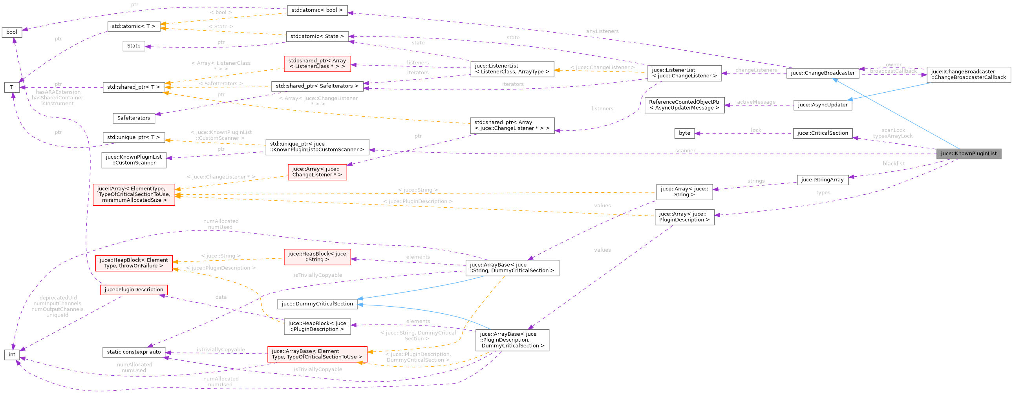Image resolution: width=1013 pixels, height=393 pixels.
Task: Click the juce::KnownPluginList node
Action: point(969,154)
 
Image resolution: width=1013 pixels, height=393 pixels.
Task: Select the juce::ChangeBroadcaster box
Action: point(823,73)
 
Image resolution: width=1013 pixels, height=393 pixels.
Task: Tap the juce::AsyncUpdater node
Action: point(822,105)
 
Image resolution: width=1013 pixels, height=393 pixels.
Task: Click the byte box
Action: point(684,133)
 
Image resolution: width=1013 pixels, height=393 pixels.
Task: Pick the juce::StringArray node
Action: point(822,180)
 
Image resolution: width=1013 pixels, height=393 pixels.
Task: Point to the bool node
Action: point(12,32)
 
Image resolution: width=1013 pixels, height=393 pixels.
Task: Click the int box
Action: point(12,355)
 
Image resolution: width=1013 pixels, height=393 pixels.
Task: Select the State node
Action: point(134,46)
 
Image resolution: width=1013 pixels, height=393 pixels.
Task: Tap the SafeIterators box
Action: point(134,118)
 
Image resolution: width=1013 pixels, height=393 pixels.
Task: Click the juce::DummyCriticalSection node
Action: point(317,304)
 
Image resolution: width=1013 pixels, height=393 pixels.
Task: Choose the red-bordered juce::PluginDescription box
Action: point(134,290)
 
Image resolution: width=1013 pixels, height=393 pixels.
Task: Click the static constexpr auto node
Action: point(134,352)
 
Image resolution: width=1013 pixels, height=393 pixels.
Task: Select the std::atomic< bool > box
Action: point(317,10)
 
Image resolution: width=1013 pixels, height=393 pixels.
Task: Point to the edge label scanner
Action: point(685,151)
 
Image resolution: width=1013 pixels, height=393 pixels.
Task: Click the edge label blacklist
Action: point(893,164)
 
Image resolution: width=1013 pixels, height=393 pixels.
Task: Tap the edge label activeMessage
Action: point(756,102)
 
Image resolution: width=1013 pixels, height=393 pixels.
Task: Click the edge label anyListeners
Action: point(602,31)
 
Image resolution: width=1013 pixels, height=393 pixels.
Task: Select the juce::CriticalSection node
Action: point(822,133)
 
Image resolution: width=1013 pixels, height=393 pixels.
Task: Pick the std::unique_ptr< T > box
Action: point(134,137)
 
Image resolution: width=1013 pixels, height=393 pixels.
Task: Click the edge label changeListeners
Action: point(756,70)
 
